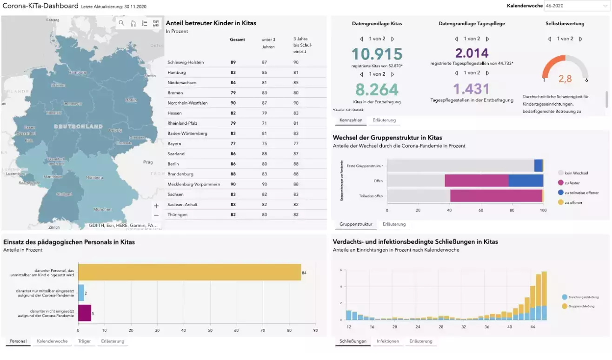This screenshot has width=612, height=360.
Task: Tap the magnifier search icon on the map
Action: [x=121, y=23]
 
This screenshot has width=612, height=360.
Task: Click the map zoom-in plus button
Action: [x=156, y=206]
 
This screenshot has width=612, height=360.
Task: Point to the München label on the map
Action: [x=102, y=209]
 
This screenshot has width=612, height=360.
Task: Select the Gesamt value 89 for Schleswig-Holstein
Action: [x=233, y=62]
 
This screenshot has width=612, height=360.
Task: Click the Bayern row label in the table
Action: [x=174, y=144]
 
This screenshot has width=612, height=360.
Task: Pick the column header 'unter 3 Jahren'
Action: [x=268, y=43]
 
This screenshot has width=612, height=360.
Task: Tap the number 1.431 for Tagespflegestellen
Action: [x=472, y=89]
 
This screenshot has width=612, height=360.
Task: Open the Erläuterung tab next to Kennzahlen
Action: [x=384, y=120]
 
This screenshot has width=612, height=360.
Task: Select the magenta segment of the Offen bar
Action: [x=476, y=180]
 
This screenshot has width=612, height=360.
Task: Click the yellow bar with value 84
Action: [x=189, y=272]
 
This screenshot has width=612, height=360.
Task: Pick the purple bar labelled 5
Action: [x=84, y=313]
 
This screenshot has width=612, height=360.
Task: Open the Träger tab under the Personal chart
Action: [x=84, y=341]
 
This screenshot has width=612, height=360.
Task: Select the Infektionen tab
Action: [x=388, y=341]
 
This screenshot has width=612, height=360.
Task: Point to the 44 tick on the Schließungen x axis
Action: [x=532, y=327]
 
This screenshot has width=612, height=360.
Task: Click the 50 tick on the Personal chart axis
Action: [x=210, y=331]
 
